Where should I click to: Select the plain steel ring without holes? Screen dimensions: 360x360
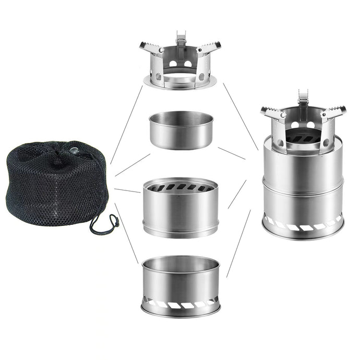181,130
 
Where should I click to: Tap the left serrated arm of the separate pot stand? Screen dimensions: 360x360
152,47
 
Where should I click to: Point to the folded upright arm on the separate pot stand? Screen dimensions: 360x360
181,39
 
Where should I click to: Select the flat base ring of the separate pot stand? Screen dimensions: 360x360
181,82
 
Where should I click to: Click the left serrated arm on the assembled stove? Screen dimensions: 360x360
272,112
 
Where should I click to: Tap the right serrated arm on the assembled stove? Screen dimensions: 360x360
333,111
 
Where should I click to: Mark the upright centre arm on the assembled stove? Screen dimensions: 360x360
303,99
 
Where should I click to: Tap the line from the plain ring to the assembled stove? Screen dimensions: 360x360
232,152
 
